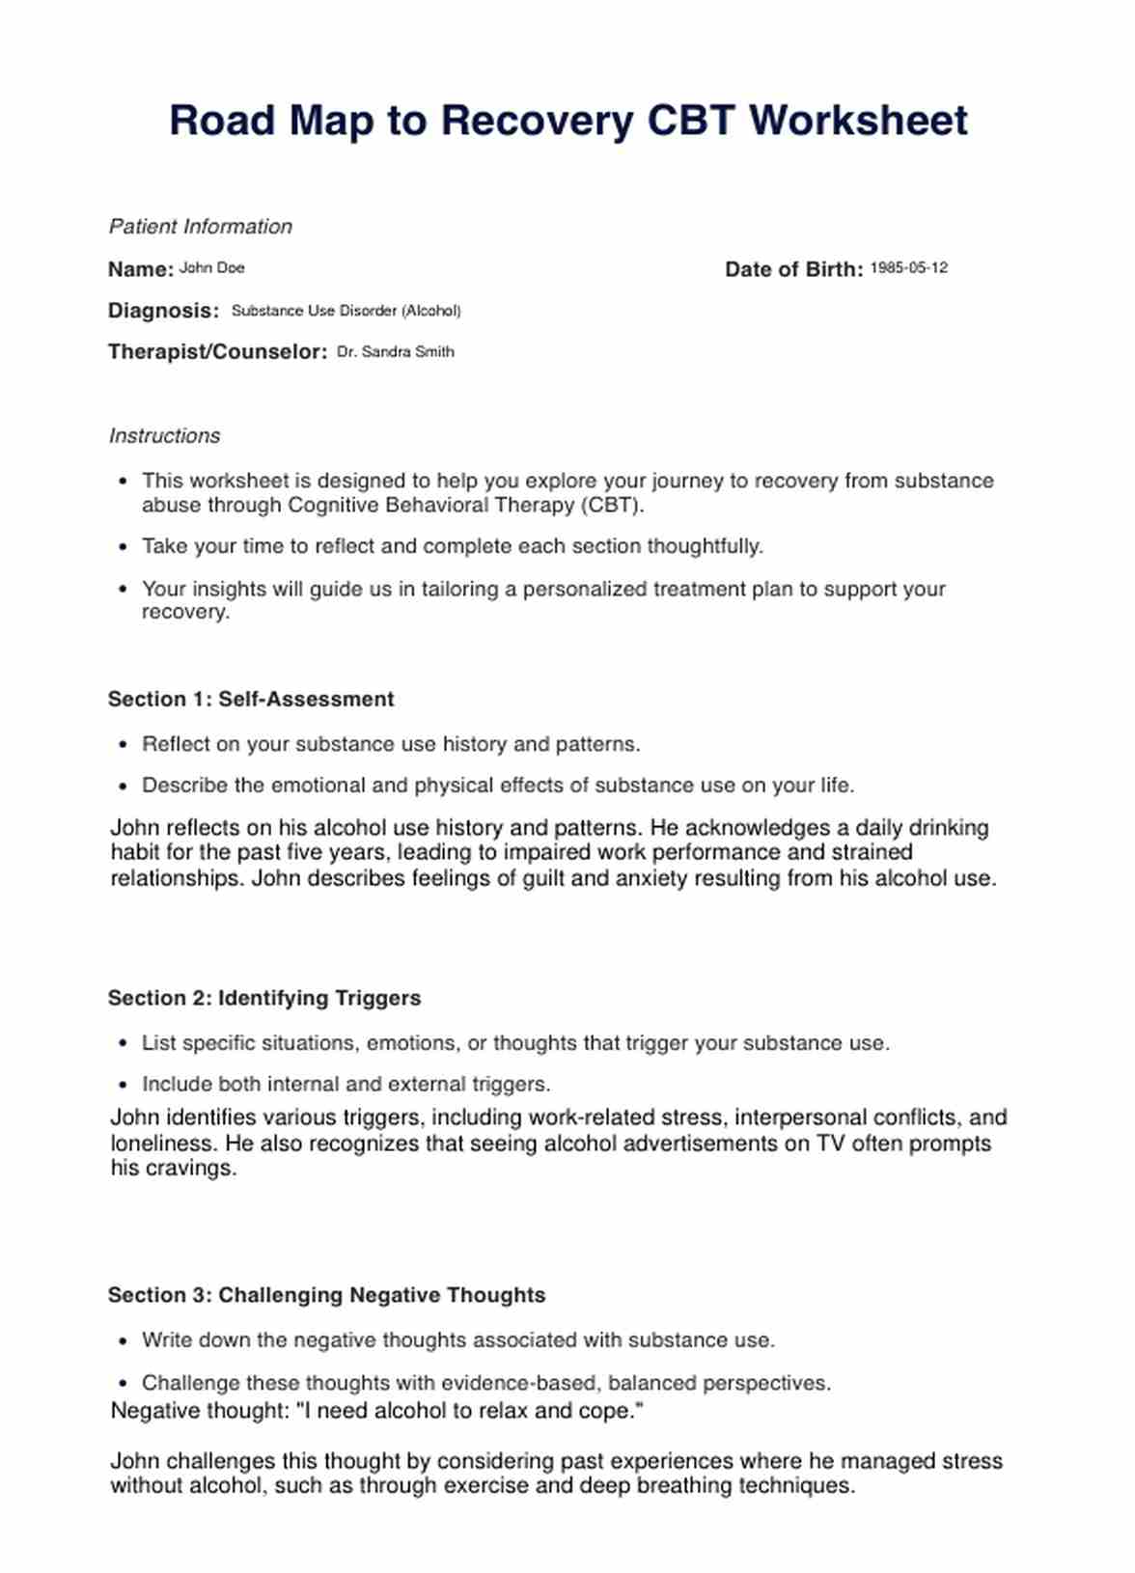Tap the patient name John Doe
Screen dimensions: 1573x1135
(211, 268)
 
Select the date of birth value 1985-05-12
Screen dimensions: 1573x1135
(908, 268)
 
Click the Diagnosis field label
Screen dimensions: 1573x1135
(163, 311)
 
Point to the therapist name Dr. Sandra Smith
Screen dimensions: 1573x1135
(395, 352)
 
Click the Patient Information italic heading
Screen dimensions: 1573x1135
(200, 227)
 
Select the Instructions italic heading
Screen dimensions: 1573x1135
(164, 436)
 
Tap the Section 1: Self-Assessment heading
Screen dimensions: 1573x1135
(251, 699)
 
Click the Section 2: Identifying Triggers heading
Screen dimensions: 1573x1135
(264, 998)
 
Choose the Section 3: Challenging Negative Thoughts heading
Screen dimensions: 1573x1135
(326, 1295)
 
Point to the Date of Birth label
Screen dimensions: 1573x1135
(793, 269)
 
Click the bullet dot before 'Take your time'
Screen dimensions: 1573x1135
(123, 547)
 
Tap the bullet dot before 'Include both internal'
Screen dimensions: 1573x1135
(123, 1085)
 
